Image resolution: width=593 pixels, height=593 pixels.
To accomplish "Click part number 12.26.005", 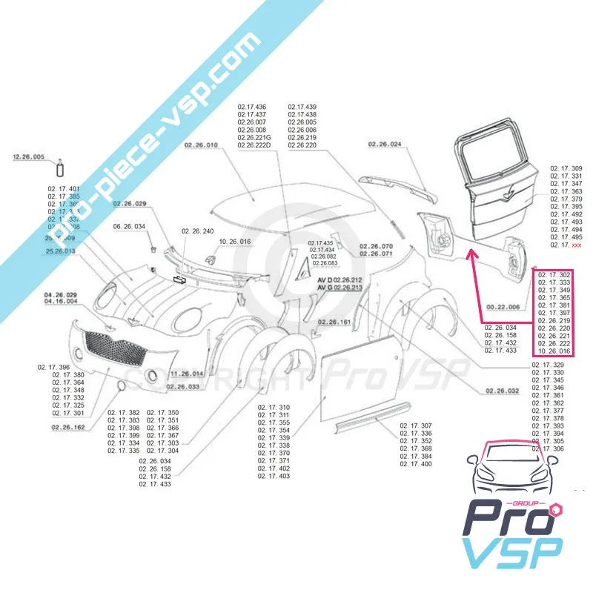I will [x=29, y=157].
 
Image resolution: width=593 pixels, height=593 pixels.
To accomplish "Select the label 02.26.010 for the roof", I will [x=201, y=145].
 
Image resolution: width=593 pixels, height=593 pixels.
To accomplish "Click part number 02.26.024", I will [x=385, y=145].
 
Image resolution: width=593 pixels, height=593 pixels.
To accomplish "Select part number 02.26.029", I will [x=130, y=203].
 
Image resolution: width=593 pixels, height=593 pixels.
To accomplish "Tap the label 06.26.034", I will [x=129, y=226].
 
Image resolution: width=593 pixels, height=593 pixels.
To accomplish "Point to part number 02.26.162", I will [x=69, y=428].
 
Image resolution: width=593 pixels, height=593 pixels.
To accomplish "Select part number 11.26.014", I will [x=186, y=374].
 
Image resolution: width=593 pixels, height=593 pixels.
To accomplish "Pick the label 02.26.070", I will [x=377, y=246].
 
